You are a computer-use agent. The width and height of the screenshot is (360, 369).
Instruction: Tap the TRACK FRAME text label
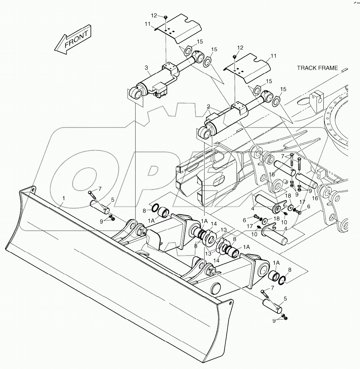pos(317,68)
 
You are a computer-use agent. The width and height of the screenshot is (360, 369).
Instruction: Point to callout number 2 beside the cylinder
pos(208,107)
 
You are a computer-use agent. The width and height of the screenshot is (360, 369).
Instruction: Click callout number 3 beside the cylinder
pos(146,67)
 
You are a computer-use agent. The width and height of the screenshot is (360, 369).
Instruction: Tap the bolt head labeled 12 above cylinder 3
pos(166,17)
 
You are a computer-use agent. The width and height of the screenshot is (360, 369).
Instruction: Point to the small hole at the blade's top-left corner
pos(33,189)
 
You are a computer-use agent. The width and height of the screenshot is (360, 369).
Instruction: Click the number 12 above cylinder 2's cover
pos(240,48)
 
